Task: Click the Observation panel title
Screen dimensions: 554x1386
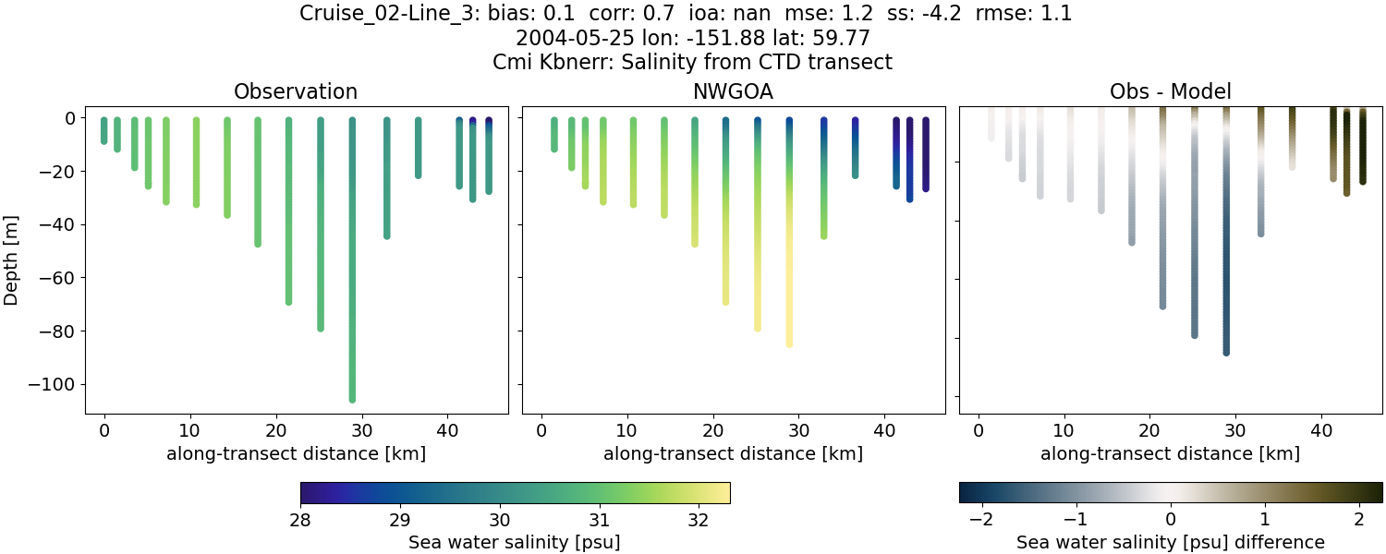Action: pos(296,91)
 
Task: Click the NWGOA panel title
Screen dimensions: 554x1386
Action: pos(733,91)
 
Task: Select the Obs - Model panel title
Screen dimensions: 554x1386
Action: pos(1170,91)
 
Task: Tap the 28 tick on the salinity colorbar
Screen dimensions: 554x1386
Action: pos(301,519)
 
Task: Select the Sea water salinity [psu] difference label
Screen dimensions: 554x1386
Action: pos(1170,542)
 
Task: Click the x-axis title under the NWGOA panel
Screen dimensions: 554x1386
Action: pos(733,453)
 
